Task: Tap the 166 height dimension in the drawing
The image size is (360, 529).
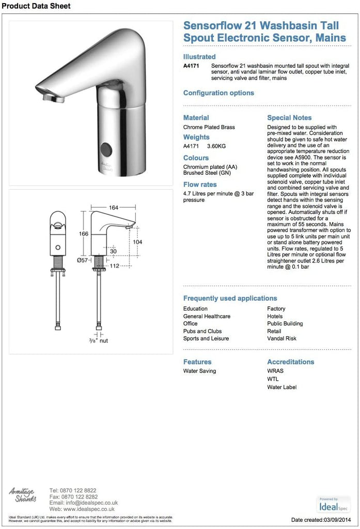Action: tap(83, 234)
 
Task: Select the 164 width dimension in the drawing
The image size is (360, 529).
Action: tap(115, 207)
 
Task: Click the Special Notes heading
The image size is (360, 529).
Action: tap(289, 118)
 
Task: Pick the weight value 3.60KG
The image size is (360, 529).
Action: tap(216, 147)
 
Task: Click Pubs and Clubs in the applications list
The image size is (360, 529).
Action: tap(202, 331)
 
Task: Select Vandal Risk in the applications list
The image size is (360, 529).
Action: tap(281, 338)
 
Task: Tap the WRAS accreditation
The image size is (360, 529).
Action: tap(275, 371)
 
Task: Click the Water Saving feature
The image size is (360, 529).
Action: tap(199, 371)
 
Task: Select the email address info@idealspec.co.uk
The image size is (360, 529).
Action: tap(84, 502)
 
